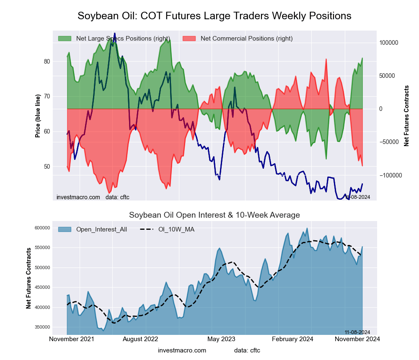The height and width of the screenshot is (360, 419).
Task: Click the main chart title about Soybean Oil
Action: [215, 16]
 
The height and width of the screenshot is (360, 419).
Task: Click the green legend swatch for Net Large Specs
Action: [65, 39]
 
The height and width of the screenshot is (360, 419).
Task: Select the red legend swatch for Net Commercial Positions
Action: [189, 39]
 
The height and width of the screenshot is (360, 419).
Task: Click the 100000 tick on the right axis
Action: [388, 43]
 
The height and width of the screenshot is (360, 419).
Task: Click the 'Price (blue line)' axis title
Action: [38, 116]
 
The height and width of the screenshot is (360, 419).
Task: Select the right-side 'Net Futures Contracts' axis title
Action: [406, 116]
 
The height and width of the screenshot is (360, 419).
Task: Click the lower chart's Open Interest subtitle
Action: [215, 215]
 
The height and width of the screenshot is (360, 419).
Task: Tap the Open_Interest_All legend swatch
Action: [65, 229]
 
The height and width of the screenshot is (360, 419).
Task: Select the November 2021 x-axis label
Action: [72, 339]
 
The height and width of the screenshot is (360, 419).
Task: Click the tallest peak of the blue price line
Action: [115, 33]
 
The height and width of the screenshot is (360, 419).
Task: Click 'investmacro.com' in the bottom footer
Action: [182, 350]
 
